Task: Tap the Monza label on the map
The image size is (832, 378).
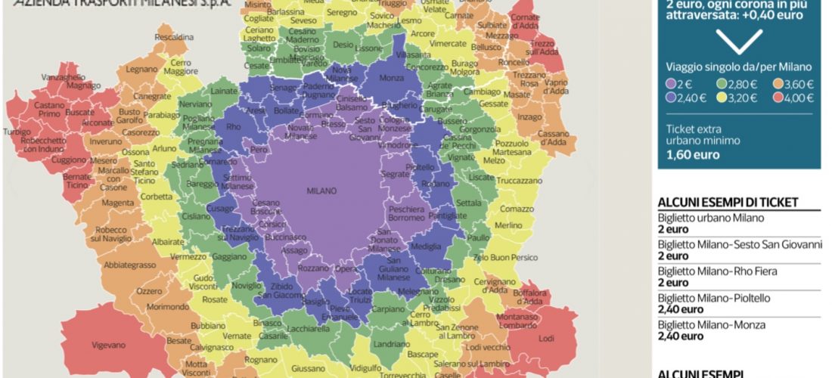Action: (x=390, y=78)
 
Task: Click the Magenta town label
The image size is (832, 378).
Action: (x=117, y=202)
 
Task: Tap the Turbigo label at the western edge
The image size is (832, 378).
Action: (x=17, y=131)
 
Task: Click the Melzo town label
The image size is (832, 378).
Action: (x=493, y=160)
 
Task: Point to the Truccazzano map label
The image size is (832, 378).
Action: (x=520, y=181)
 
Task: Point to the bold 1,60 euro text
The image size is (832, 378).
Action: (x=693, y=154)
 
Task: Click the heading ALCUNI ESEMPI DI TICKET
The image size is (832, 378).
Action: (x=728, y=202)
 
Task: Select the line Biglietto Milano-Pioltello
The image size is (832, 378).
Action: (x=714, y=298)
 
